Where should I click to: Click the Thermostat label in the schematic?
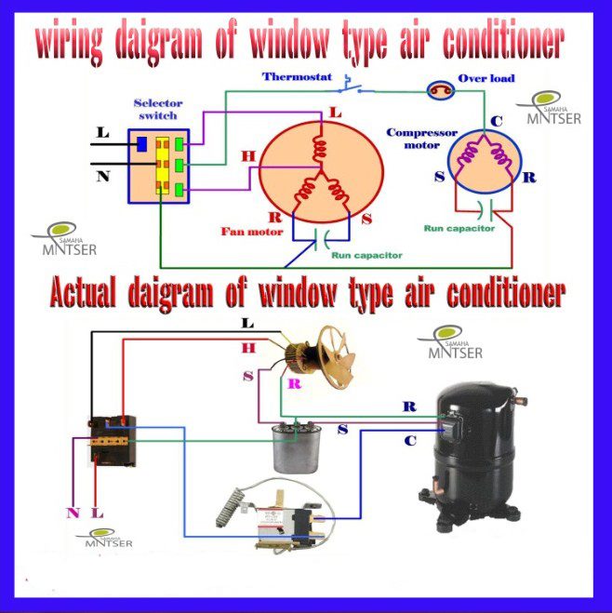tap(297, 76)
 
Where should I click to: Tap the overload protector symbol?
tap(441, 90)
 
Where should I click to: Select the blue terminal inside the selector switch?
tap(142, 144)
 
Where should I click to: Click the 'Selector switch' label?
tap(158, 110)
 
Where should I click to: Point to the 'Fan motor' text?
tap(252, 232)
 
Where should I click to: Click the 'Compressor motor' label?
tap(421, 139)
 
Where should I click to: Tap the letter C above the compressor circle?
tap(497, 121)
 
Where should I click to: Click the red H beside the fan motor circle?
tap(248, 156)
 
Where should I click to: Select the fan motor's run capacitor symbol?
tap(322, 240)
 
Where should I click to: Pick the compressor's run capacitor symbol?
tap(486, 210)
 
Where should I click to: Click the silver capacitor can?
tap(297, 448)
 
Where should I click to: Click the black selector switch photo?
tap(113, 441)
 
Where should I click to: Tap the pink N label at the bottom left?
tap(73, 513)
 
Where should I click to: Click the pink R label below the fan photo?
tap(295, 384)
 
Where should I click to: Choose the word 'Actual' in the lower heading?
tap(83, 293)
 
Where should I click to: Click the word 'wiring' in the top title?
tap(69, 42)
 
